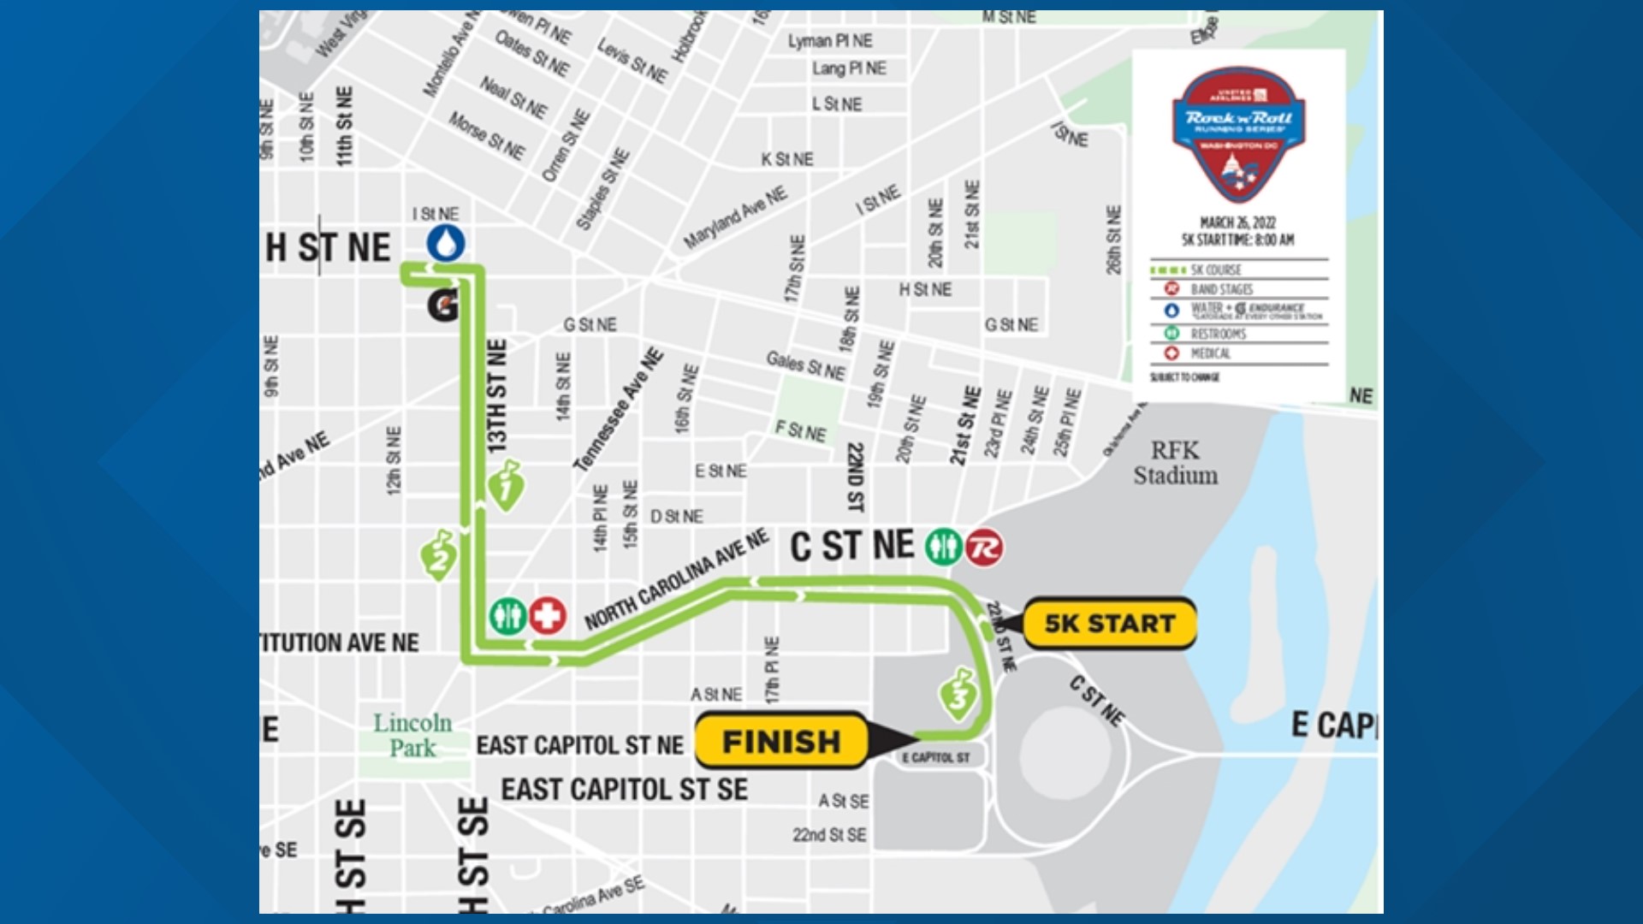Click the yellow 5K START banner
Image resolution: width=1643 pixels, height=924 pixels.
(1109, 624)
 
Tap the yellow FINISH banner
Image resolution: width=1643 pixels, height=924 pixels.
(780, 741)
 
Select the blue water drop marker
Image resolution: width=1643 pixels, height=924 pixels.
(446, 243)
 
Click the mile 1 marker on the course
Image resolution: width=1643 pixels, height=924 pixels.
(506, 488)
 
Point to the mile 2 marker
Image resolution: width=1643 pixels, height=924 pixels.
(438, 556)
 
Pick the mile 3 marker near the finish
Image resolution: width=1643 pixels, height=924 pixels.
(958, 695)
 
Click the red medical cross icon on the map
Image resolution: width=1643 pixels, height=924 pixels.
(547, 615)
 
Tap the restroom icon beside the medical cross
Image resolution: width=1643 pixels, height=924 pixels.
(507, 615)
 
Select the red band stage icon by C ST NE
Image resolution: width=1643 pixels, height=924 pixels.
(984, 547)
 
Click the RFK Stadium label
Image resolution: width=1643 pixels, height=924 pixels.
(1175, 463)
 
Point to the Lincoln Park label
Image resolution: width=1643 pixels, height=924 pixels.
(412, 735)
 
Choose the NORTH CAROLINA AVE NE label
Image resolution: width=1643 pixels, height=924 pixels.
(676, 579)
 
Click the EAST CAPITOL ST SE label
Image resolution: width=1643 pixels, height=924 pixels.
(624, 789)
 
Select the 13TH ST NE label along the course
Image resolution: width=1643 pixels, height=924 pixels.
(496, 395)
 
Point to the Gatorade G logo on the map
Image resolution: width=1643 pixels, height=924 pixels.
(442, 305)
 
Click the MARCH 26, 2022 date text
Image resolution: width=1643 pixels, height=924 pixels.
(1237, 222)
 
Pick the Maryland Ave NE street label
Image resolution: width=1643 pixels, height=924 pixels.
(735, 218)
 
